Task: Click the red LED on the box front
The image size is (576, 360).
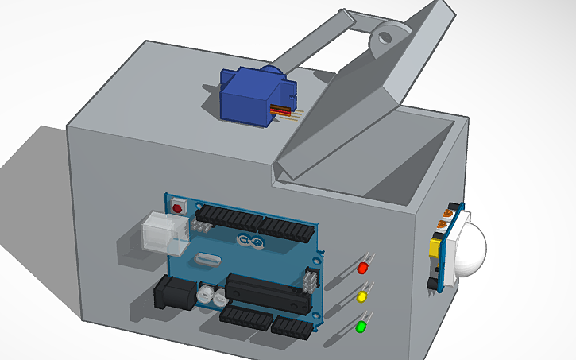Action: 365,267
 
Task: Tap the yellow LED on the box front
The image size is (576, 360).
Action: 362,296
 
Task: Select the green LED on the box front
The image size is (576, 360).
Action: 361,326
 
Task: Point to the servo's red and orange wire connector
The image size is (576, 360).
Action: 284,113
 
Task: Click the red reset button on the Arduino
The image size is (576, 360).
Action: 177,207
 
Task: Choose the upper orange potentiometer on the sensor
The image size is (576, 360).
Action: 449,214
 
